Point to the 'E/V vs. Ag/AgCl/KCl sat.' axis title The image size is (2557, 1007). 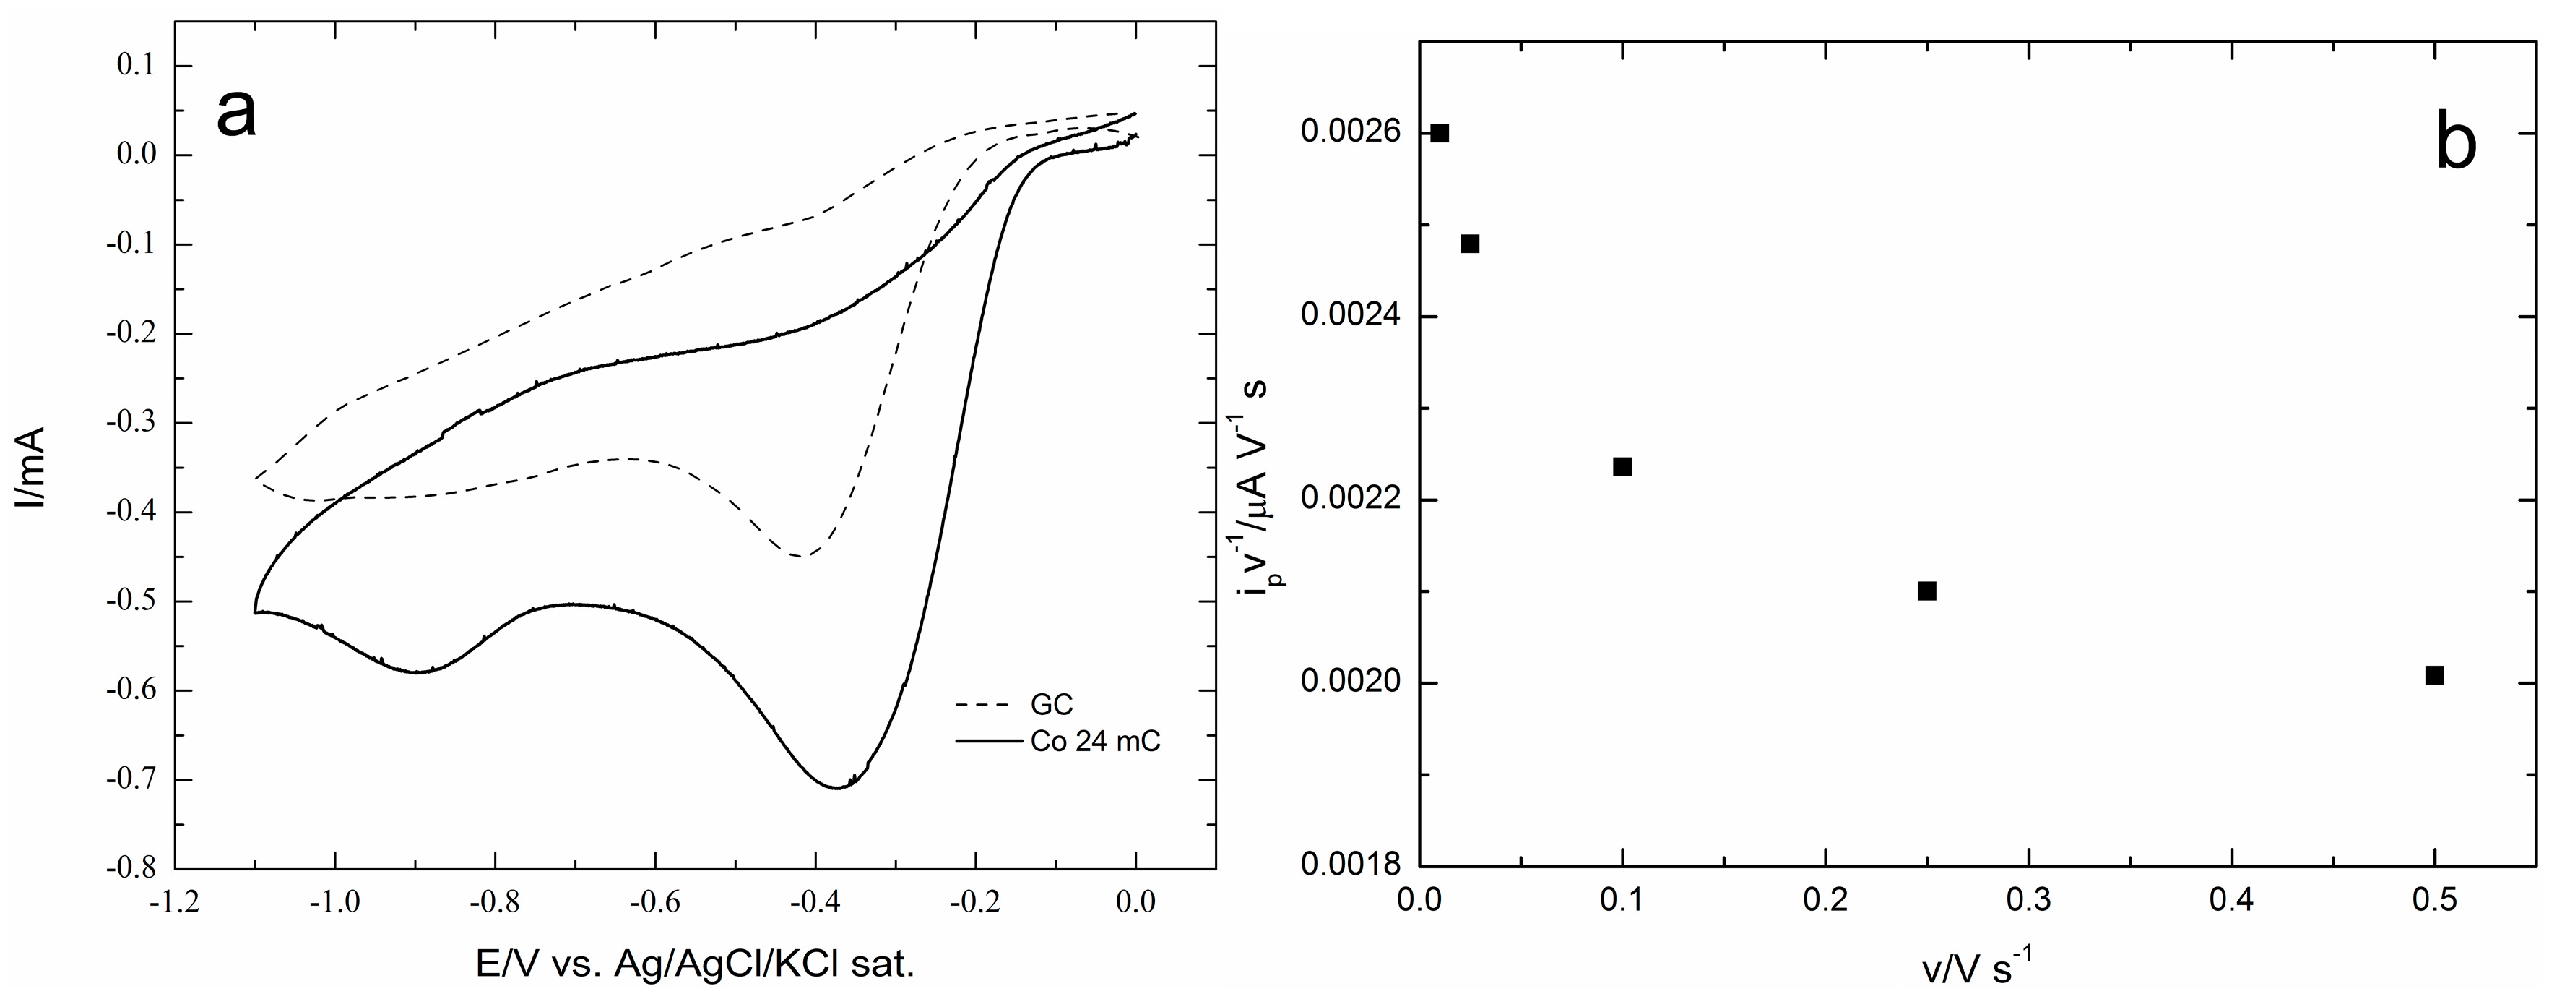pos(695,964)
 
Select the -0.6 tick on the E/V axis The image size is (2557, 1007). pos(655,904)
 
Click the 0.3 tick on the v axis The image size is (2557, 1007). pos(2028,901)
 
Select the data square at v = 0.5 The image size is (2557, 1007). pos(2434,675)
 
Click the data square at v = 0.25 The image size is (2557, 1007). pos(1926,591)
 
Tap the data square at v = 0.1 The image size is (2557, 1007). pos(1622,467)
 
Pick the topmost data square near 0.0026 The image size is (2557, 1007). pos(1440,133)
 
